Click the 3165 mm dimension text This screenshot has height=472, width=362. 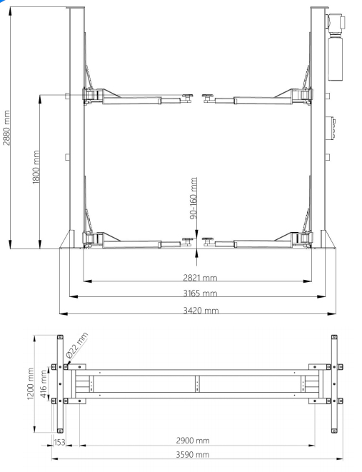(199, 293)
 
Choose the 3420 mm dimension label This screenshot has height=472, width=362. (199, 310)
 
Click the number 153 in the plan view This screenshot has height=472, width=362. (61, 443)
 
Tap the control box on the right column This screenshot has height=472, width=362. (331, 128)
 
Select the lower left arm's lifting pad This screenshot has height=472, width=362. (188, 239)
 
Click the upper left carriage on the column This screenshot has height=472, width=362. (91, 94)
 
